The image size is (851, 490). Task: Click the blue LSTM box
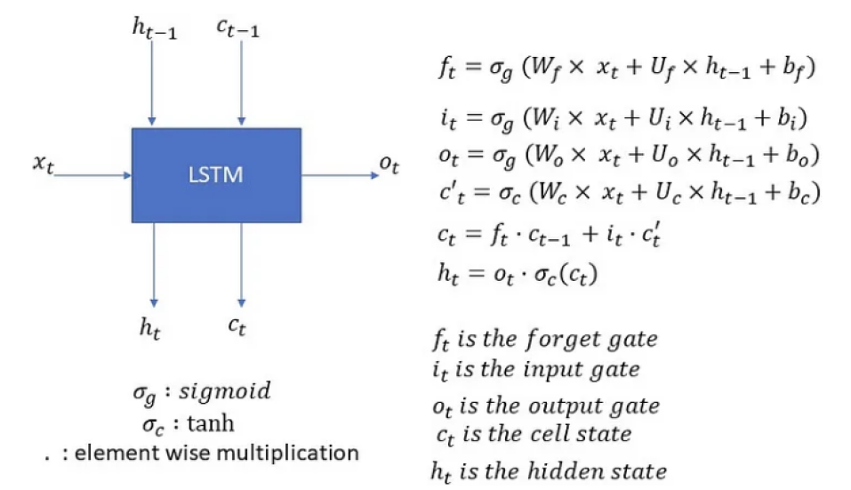tap(216, 175)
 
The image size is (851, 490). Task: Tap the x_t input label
tap(44, 163)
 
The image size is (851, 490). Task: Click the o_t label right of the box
tap(389, 165)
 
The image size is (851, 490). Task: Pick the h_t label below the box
tap(149, 327)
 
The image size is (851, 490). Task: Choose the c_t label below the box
tap(237, 327)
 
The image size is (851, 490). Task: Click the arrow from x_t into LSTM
tap(92, 175)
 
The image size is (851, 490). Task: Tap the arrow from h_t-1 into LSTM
tap(153, 84)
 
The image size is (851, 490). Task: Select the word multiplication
tap(302, 453)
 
